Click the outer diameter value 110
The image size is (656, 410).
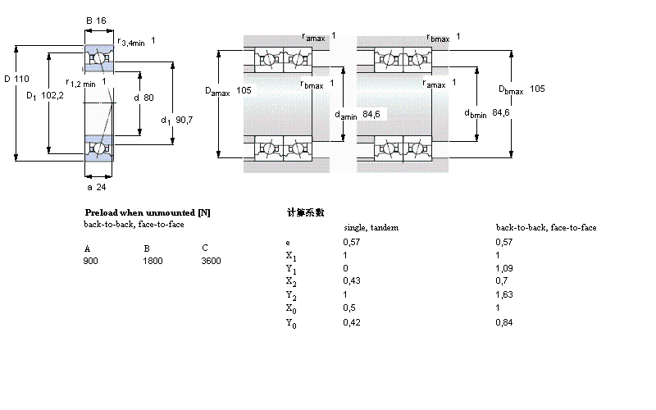point(21,79)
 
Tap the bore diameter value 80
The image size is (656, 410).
point(148,98)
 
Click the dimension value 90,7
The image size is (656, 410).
point(185,120)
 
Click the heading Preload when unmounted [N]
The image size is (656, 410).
point(148,212)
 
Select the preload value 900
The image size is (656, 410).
point(90,261)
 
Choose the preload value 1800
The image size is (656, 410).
point(153,261)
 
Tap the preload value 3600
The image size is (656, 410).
point(211,261)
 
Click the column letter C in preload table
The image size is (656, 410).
point(204,248)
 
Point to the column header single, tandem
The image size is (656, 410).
point(371,227)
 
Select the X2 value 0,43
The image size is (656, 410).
point(350,280)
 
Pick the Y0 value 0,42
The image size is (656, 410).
point(350,321)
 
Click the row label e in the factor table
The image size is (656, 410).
point(287,243)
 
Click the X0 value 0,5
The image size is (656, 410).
point(348,307)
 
